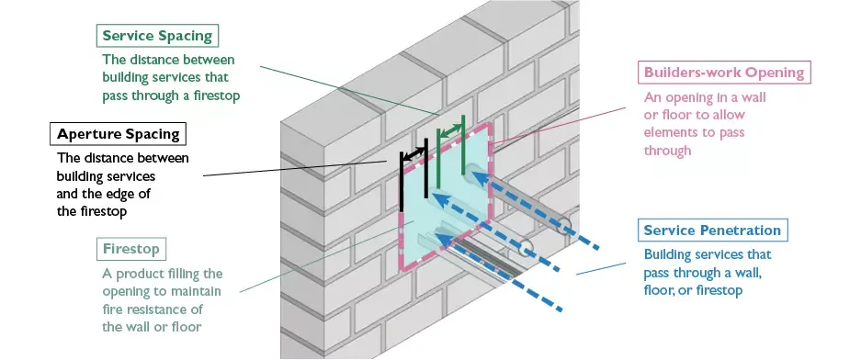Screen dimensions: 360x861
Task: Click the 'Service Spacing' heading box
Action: click(x=157, y=37)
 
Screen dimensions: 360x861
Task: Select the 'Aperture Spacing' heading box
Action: click(x=115, y=134)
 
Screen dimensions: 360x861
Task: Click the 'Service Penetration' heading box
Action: click(x=712, y=231)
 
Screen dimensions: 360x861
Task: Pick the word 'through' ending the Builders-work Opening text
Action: click(x=668, y=151)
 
